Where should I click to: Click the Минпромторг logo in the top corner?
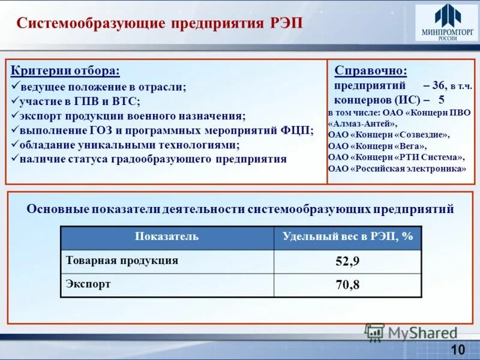click(446, 23)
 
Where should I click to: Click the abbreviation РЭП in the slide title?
click(286, 23)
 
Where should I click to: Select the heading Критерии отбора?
click(65, 71)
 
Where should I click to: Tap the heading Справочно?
click(370, 71)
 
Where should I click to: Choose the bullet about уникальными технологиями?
click(129, 145)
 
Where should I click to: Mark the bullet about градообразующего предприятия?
click(153, 159)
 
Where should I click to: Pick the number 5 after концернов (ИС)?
click(442, 100)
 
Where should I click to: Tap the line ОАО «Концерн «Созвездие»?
click(388, 135)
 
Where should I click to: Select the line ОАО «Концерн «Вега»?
click(377, 146)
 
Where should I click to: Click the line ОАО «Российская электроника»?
click(397, 169)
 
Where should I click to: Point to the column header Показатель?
click(167, 237)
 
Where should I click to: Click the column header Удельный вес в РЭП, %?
click(347, 237)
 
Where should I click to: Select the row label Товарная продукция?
click(122, 260)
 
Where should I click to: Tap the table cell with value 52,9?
click(347, 261)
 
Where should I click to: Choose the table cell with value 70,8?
click(347, 284)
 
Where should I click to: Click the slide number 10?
click(457, 350)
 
